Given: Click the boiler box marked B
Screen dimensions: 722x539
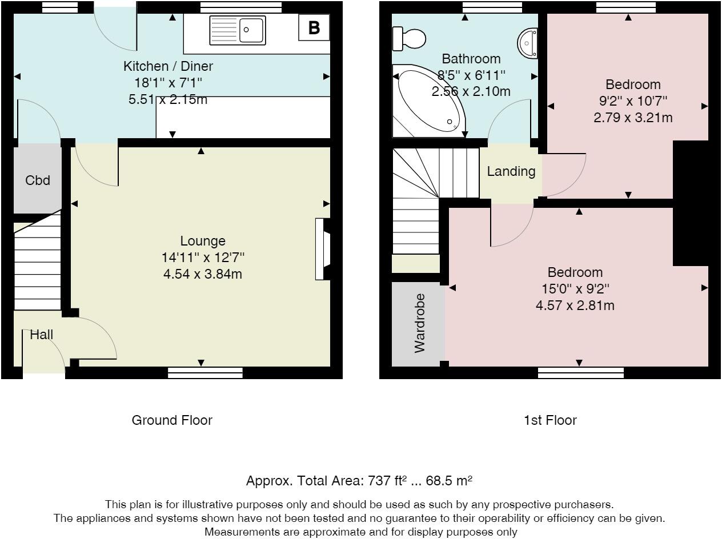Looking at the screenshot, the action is pos(314,27).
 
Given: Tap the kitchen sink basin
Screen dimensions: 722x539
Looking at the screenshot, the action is pos(251,30).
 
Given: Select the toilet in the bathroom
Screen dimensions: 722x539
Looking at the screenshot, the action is pos(409,39).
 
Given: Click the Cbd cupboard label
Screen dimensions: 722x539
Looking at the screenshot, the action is pos(38,180).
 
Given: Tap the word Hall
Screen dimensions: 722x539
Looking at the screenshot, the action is pos(41,335).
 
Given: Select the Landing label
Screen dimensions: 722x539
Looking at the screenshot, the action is pos(511,171).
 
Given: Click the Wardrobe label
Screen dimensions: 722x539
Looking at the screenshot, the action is pos(419,323).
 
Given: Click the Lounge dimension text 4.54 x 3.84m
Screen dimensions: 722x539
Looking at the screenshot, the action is pos(203,273).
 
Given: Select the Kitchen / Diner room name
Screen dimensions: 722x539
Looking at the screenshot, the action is pos(168,66).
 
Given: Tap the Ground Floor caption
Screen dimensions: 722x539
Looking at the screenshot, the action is pos(172,420).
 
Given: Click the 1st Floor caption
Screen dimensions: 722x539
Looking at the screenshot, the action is pos(550,420).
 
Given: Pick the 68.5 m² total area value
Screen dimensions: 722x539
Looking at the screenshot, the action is pos(449,481).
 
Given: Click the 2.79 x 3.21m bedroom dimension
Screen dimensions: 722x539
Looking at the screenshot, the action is pos(633,117).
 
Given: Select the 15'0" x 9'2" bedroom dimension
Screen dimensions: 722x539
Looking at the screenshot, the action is pos(575,289).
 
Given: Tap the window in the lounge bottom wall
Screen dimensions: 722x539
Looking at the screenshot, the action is pos(205,373).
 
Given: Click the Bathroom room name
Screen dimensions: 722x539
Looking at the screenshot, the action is pos(471,59).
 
